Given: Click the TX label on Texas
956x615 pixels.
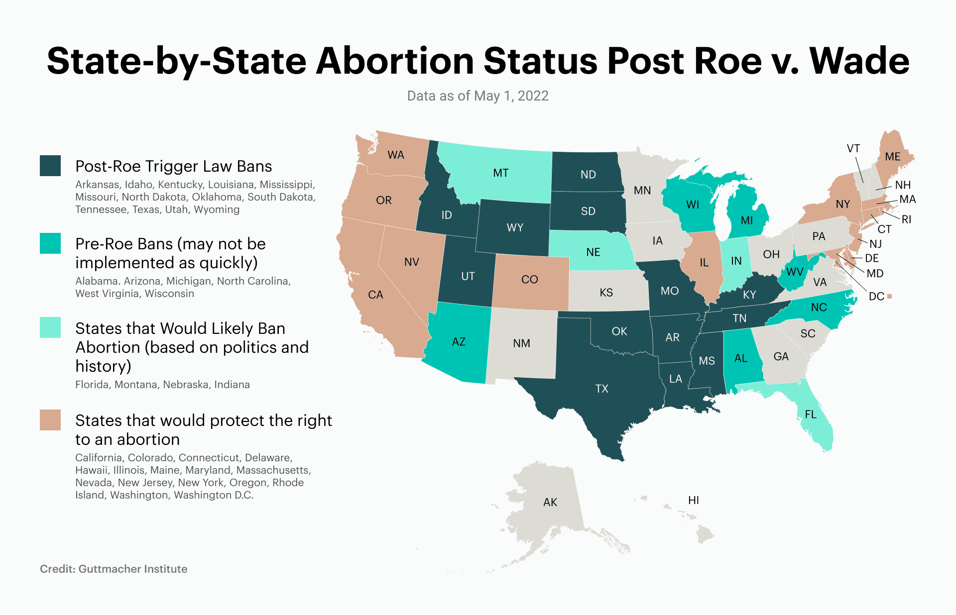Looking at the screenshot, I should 601,389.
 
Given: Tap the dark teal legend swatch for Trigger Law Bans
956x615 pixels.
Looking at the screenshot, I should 50,166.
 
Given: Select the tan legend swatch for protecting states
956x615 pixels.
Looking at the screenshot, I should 50,420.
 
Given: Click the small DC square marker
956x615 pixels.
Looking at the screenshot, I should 890,297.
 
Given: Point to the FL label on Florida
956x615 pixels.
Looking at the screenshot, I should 811,414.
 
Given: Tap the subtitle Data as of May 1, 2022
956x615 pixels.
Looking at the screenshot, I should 478,96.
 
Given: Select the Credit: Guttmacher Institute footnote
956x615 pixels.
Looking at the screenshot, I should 114,569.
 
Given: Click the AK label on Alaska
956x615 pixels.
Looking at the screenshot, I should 550,502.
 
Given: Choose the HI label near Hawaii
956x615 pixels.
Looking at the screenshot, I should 694,500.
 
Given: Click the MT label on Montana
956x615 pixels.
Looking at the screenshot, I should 501,173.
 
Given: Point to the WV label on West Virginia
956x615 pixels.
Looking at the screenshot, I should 795,272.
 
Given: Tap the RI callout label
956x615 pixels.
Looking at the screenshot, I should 906,219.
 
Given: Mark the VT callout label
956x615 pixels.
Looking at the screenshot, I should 853,148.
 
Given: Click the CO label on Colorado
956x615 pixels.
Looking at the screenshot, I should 530,280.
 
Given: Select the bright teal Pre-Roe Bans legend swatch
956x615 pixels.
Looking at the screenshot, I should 50,243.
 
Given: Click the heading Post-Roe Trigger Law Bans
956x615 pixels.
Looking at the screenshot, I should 173,166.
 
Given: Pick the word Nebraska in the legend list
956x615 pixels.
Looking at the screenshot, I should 186,385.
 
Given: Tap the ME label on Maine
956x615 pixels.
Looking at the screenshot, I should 893,157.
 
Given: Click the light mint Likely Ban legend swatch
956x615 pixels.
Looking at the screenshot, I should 50,327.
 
